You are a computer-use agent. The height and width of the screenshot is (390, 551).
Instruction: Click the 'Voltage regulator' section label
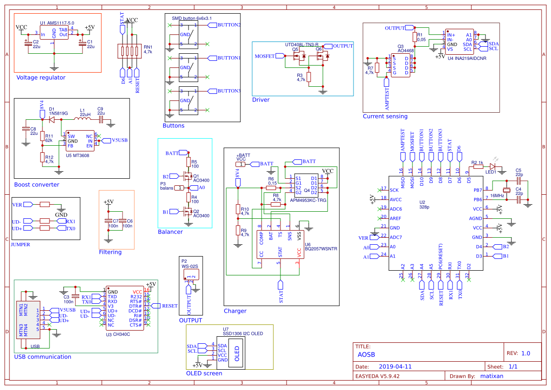(x=41, y=78)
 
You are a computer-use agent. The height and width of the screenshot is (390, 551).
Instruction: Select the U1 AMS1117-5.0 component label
(x=57, y=23)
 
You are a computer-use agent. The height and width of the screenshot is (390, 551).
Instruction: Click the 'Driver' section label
(x=261, y=100)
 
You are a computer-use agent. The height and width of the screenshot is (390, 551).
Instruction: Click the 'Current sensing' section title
(x=385, y=116)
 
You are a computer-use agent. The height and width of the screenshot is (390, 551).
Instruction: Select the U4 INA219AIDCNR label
(x=467, y=58)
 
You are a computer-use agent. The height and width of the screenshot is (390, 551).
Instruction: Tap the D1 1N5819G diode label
(x=58, y=113)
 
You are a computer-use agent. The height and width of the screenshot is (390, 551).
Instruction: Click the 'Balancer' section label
(x=170, y=232)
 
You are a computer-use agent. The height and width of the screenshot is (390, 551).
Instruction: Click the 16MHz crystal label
(x=497, y=195)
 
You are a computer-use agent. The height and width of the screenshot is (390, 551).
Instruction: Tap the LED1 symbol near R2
(x=493, y=166)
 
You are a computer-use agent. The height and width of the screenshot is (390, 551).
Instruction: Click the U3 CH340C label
(x=118, y=334)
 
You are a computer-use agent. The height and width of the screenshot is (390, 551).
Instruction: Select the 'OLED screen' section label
(x=204, y=373)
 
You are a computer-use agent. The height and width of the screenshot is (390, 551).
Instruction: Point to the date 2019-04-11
(x=395, y=366)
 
